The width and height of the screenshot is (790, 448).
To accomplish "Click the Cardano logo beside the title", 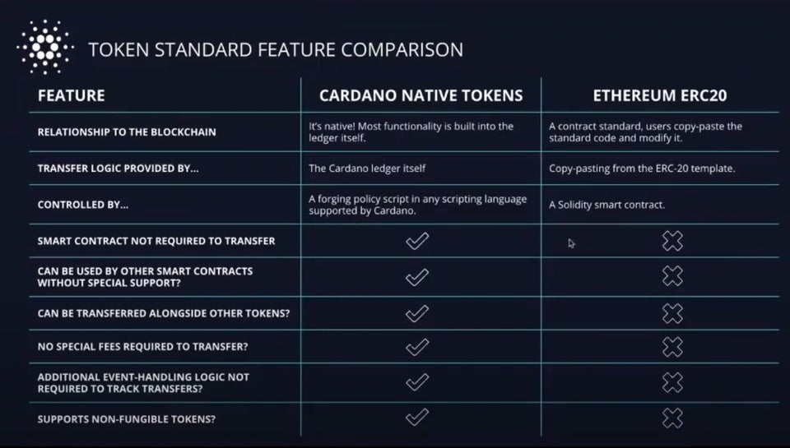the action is (x=45, y=48).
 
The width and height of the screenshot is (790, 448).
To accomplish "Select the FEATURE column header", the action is (x=71, y=95).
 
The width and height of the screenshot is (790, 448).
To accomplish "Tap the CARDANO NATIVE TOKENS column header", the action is (x=421, y=95).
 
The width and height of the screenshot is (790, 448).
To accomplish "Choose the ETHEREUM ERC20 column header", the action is (x=659, y=95).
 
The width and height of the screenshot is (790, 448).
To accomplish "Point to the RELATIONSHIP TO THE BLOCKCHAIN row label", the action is (x=127, y=132).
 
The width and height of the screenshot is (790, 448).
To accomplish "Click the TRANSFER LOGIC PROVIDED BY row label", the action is (x=118, y=169).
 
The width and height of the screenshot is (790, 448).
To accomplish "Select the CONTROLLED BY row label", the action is (x=82, y=205).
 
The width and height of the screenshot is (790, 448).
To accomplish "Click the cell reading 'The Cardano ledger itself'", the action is (x=367, y=169).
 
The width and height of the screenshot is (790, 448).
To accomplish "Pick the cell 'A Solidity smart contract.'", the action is (x=606, y=205).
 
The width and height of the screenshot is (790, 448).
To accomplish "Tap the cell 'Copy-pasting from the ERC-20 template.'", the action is (x=642, y=169).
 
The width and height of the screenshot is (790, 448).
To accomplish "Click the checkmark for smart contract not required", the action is (x=417, y=241).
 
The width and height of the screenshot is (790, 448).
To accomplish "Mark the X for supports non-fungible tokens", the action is (x=672, y=418).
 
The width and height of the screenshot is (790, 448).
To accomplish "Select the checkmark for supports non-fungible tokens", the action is (x=417, y=417).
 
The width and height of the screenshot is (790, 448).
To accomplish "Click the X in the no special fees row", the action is (x=672, y=347).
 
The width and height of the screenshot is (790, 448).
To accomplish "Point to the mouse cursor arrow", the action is (x=571, y=243).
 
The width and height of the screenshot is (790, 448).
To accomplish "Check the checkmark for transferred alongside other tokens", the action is (x=417, y=313).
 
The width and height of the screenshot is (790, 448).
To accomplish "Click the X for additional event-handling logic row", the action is (x=672, y=382).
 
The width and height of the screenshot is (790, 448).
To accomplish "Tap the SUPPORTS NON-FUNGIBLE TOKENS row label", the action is (x=127, y=419).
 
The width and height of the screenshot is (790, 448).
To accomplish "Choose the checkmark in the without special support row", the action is (x=417, y=277).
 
